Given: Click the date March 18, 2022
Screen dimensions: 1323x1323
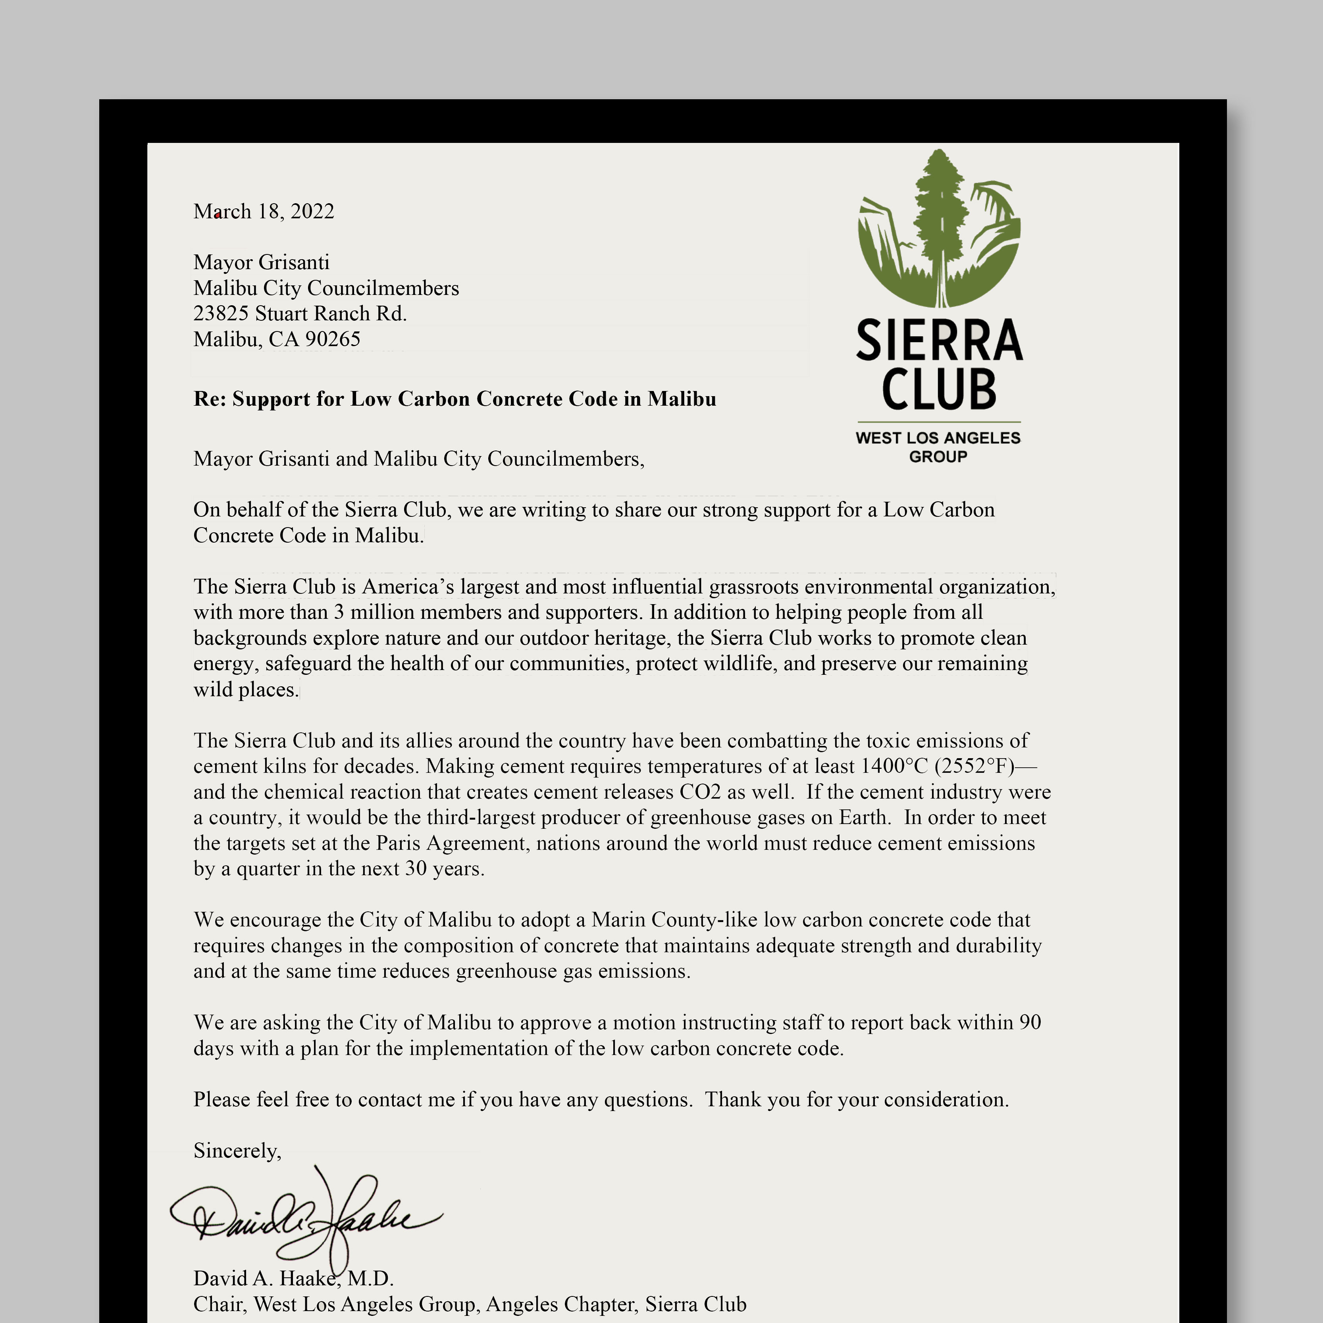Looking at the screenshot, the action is point(264,211).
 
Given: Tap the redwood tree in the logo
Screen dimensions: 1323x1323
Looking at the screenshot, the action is point(940,219).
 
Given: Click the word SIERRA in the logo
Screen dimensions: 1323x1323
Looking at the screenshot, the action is point(939,340).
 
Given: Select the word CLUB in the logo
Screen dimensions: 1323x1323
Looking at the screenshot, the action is point(939,389).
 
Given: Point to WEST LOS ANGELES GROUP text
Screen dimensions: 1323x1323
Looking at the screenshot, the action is point(938,447).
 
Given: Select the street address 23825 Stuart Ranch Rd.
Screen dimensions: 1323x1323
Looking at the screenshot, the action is point(300,314).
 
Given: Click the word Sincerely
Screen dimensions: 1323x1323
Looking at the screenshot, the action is point(237,1150).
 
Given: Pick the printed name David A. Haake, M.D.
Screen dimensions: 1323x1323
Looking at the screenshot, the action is point(293,1279).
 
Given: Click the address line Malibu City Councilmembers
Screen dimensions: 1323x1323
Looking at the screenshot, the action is point(326,288).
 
